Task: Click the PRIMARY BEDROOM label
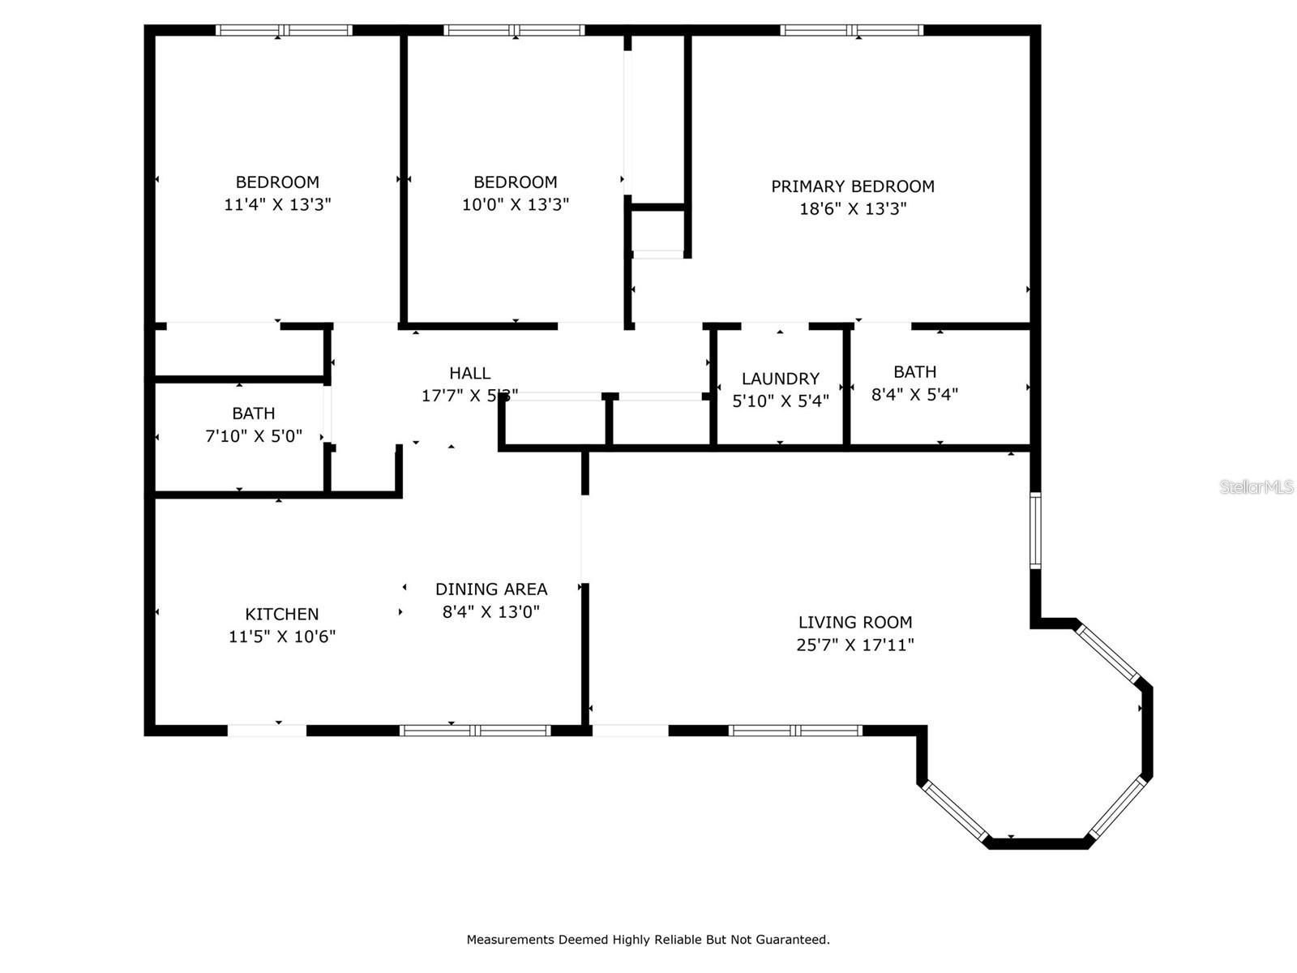pos(852,186)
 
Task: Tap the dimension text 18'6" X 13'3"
pos(852,209)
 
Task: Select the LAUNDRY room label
pos(780,379)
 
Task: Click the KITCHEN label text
pos(281,615)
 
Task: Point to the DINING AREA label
pos(490,589)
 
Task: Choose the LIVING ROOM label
pos(854,623)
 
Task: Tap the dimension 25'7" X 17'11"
pos(854,645)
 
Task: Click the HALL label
pos(469,373)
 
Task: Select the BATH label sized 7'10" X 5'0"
pos(253,414)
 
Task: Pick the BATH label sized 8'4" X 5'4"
pos(914,372)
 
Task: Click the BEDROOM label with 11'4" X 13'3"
pos(277,182)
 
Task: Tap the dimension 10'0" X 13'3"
pos(515,205)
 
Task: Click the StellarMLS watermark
pos(1256,487)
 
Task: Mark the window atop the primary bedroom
pos(851,31)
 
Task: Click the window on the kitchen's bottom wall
pos(475,731)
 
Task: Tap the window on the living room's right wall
pos(1035,530)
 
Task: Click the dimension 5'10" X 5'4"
pos(780,401)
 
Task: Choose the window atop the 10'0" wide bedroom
pos(514,31)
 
